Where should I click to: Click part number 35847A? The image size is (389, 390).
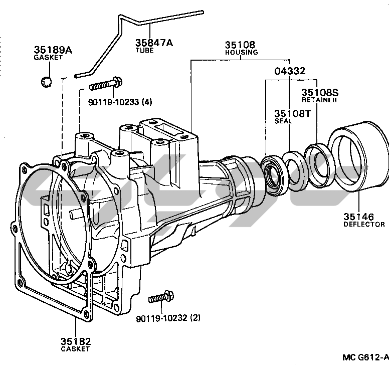pos(154,43)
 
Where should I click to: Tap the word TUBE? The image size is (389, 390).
pos(144,50)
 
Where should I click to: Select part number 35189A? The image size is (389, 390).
pos(53,50)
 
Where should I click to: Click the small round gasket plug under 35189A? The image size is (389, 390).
pos(46,82)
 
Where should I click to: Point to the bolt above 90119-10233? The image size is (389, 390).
pos(106,84)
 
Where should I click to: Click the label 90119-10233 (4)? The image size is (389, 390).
pos(120,102)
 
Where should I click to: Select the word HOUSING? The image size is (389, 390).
pos(241,52)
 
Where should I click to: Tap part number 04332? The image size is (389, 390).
pos(290,71)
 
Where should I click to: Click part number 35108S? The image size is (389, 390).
pos(320,93)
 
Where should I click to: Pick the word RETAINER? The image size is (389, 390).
pos(319,100)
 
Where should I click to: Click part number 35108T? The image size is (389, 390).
pos(292,114)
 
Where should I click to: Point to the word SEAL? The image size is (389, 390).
pos(283,121)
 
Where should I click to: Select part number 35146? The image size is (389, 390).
pos(358,217)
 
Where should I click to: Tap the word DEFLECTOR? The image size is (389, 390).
pos(364,225)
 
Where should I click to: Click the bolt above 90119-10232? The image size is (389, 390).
pos(161,297)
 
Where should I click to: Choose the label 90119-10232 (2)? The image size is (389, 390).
pos(168,318)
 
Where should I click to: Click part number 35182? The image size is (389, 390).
pos(76,341)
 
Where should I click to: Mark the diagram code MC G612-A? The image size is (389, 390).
pos(365,357)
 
